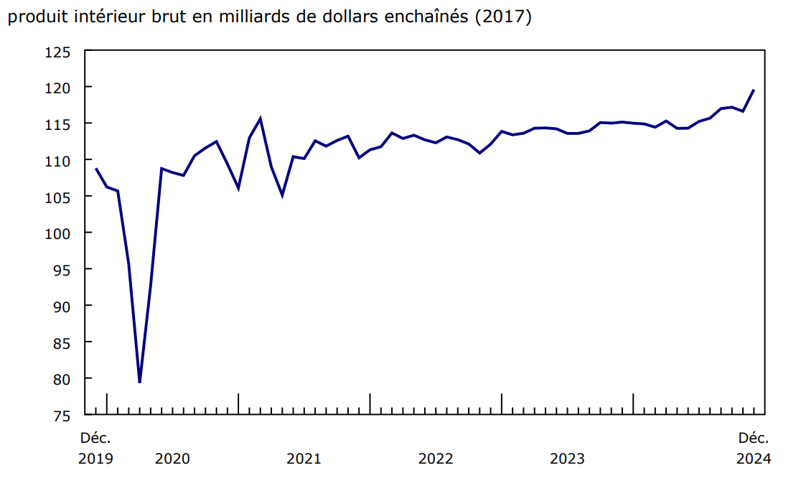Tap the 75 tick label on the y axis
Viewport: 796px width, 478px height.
click(62, 416)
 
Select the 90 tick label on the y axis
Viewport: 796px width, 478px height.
click(62, 306)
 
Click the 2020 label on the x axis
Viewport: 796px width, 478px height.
click(172, 459)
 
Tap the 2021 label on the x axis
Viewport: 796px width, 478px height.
click(304, 459)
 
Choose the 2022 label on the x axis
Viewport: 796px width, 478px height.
click(436, 459)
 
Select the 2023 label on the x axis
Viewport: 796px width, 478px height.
click(567, 459)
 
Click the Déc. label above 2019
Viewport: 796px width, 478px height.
click(95, 438)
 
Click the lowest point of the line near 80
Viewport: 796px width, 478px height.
click(139, 382)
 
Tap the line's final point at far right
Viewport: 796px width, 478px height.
click(754, 90)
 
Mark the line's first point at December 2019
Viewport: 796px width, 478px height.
click(95, 169)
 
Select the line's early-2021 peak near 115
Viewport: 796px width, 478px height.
click(260, 118)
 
